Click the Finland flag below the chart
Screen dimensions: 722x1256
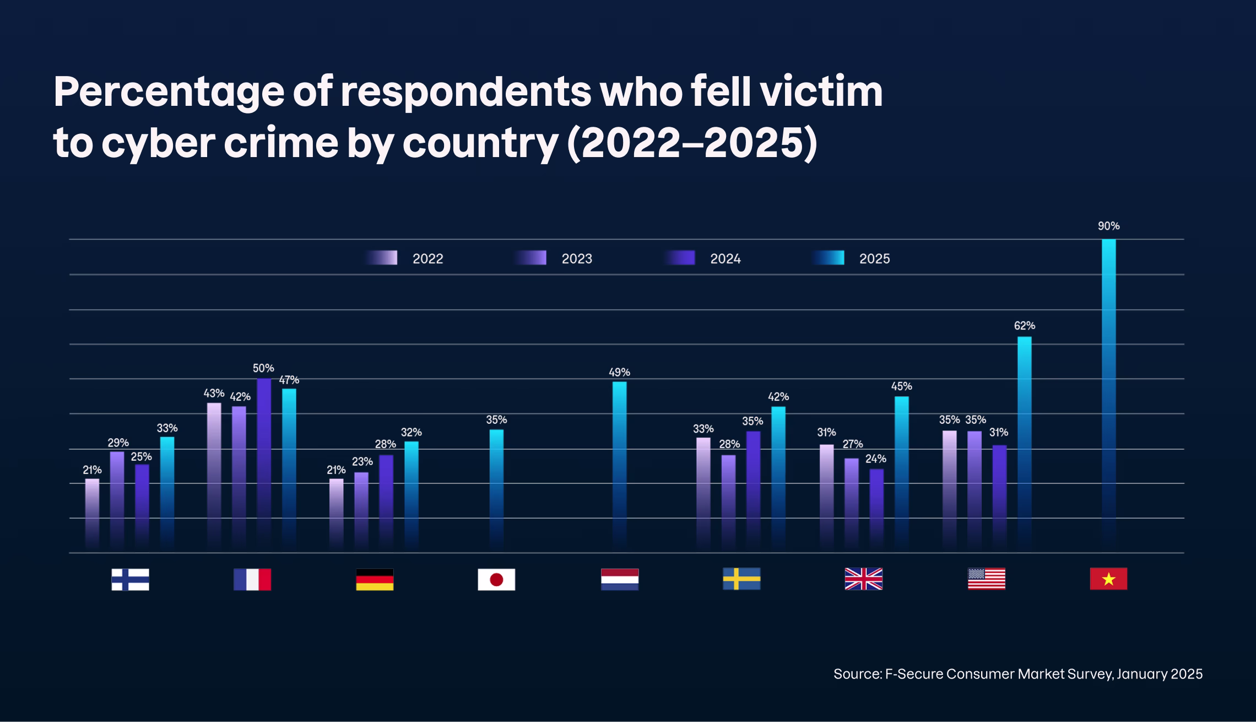[130, 579]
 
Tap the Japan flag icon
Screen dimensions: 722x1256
[496, 579]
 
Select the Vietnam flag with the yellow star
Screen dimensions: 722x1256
[1108, 579]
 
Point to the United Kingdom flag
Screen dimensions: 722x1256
[863, 579]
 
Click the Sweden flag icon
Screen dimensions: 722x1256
[741, 579]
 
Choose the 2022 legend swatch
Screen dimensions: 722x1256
[382, 258]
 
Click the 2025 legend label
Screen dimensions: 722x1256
[874, 259]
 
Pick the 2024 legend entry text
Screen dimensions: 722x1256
[725, 259]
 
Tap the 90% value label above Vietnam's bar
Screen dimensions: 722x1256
[1108, 226]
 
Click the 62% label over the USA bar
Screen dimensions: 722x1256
[1025, 326]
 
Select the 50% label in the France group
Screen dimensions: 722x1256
[263, 368]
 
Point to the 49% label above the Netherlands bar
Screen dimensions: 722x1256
[619, 372]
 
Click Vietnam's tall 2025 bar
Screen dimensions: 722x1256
[1108, 386]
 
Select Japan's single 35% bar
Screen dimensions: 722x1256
[496, 485]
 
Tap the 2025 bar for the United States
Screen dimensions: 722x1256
[1025, 441]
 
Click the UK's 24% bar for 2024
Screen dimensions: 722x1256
[876, 507]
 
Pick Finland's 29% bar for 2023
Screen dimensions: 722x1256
[117, 496]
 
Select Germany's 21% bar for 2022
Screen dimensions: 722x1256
[336, 513]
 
